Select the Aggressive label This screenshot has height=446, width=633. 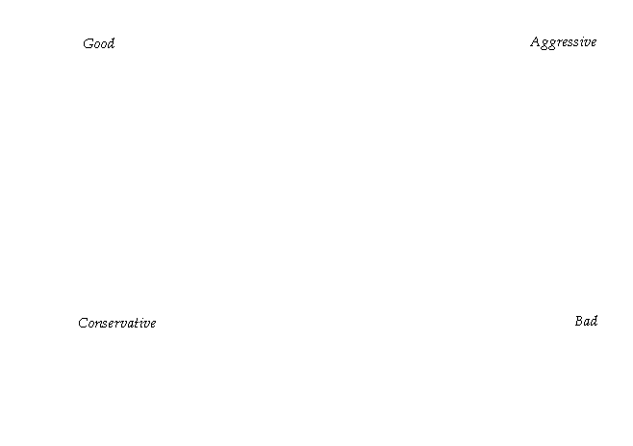tap(563, 41)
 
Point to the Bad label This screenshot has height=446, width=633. tap(586, 321)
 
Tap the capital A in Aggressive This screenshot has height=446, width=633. tap(534, 41)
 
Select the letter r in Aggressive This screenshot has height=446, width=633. tap(558, 42)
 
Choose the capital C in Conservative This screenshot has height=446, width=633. tap(83, 323)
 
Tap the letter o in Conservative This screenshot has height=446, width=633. tap(90, 324)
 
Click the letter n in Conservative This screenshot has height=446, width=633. tap(98, 324)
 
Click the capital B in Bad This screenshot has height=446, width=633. tap(578, 321)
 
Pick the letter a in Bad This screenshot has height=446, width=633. tap(586, 322)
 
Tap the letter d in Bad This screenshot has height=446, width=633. tap(594, 321)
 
